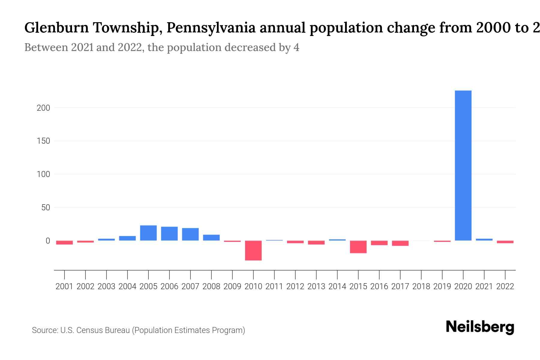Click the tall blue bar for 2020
tap(463, 165)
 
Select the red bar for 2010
tap(253, 250)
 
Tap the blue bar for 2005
tap(148, 233)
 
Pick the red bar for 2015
tap(358, 247)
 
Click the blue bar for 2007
tap(190, 234)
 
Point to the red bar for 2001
tap(64, 242)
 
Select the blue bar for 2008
tap(211, 237)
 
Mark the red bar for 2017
tap(400, 243)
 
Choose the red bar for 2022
tap(505, 242)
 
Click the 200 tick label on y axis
tap(43, 108)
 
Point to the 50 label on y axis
tap(46, 207)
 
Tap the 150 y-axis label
tap(43, 141)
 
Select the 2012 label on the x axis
tap(295, 286)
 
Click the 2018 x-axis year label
tap(421, 286)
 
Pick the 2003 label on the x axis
tap(106, 286)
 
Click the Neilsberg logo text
tap(480, 327)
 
